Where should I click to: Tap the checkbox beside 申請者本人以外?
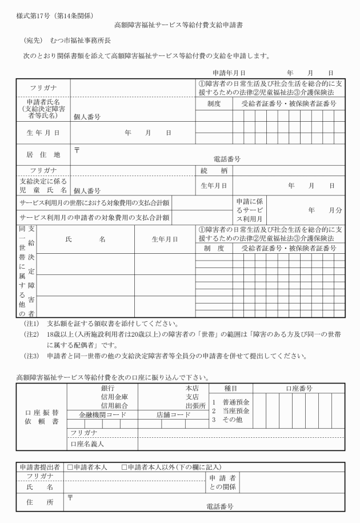[x=125, y=467]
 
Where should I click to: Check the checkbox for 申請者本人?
[x=70, y=467]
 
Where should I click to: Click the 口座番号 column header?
[x=299, y=388]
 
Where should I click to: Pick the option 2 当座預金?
[x=231, y=411]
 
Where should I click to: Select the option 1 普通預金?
[x=231, y=402]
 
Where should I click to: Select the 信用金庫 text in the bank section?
[x=114, y=397]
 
